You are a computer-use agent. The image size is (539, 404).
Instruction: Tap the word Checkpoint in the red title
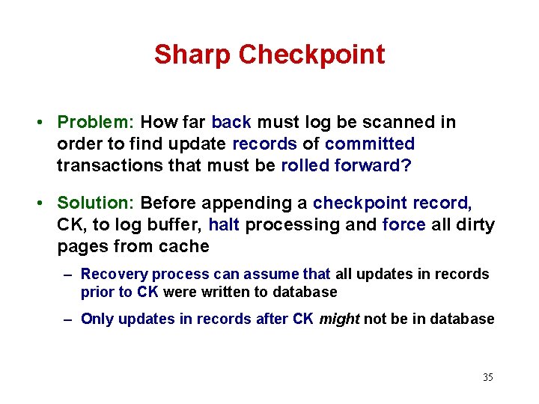pos(311,55)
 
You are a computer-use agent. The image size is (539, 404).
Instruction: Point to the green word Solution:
pos(96,203)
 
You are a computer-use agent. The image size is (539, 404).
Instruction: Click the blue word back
pos(231,122)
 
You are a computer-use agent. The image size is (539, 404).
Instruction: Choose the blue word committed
pos(370,143)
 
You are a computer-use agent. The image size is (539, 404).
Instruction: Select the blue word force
pos(404,224)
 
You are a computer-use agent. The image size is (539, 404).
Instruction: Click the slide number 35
pos(487,377)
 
